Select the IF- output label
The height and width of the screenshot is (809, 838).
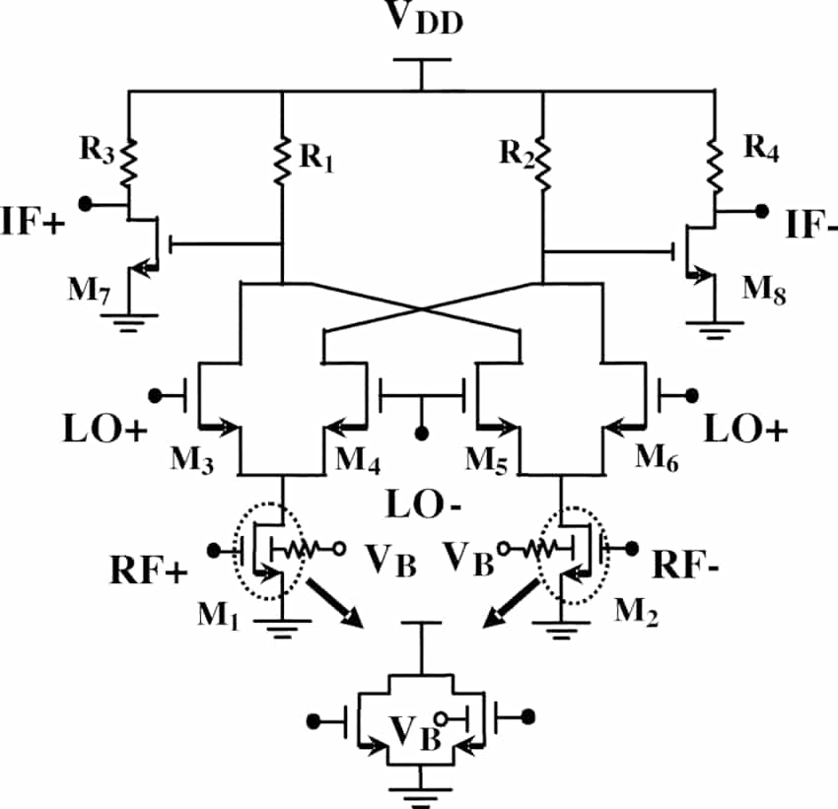point(810,227)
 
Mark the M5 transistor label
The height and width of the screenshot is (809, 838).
point(489,461)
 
